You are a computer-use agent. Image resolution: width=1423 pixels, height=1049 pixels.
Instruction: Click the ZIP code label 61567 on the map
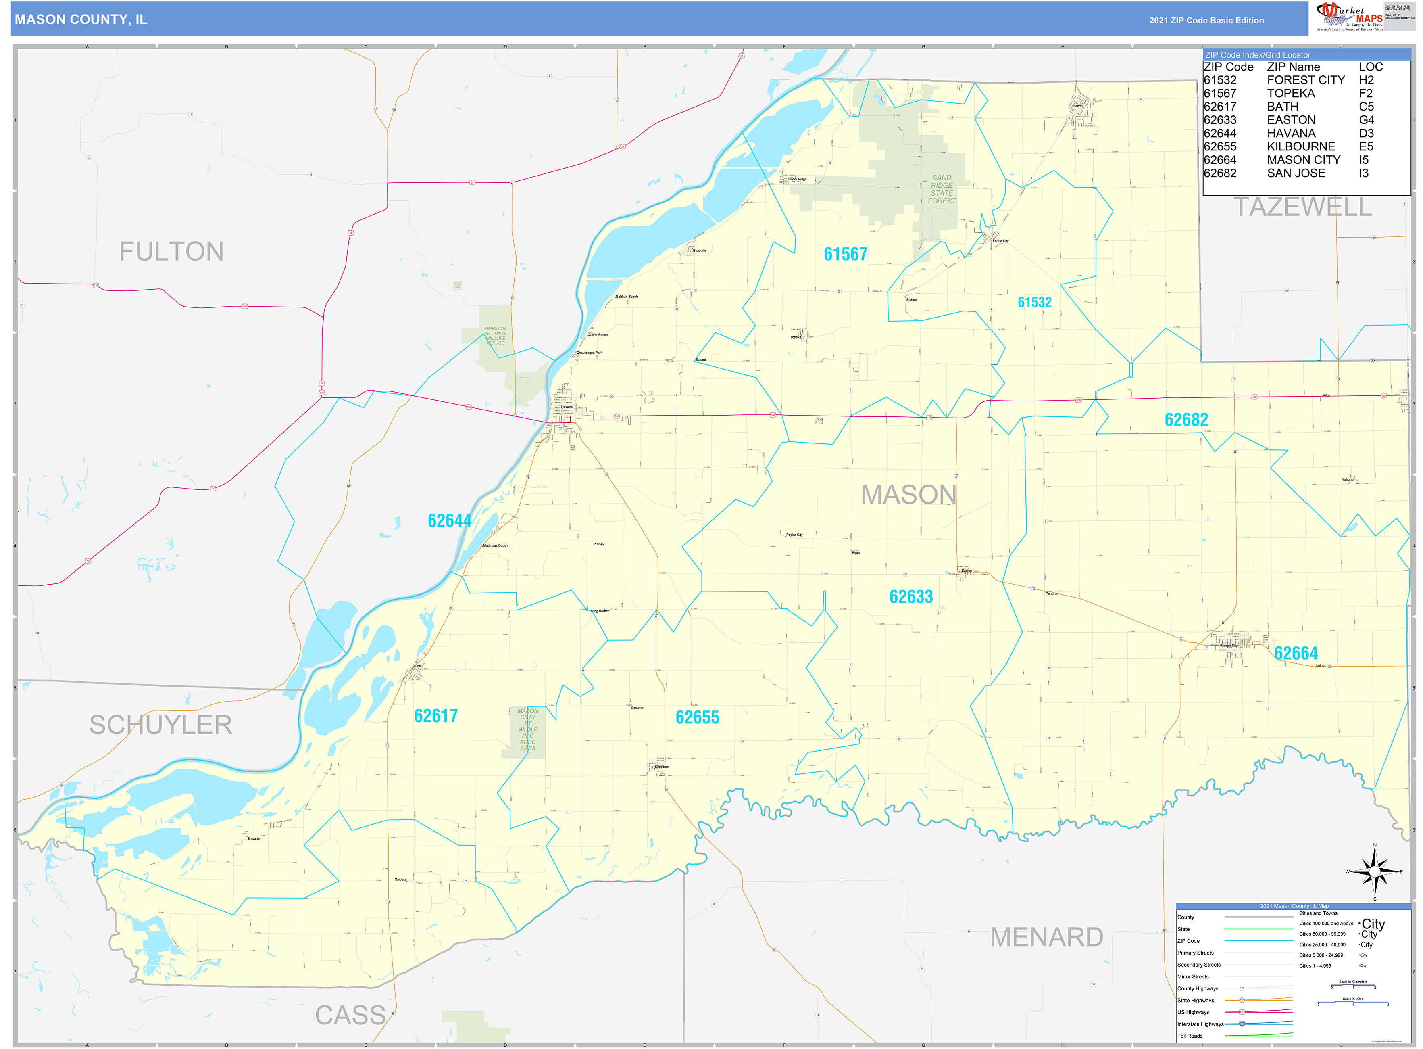pos(845,254)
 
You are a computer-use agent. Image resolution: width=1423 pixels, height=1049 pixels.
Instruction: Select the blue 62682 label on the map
pos(1185,420)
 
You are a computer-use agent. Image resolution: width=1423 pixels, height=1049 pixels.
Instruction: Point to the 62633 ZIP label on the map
pos(911,597)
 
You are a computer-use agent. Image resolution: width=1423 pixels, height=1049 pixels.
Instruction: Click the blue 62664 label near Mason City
pos(1296,653)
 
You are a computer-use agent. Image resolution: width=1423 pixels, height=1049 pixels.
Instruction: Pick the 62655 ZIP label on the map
pos(697,717)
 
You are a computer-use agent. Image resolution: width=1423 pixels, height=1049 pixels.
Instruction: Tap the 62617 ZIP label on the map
pos(435,716)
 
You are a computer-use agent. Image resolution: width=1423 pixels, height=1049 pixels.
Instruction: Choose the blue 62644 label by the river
pos(449,521)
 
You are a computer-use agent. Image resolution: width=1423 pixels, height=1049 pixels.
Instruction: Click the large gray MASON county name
pos(908,495)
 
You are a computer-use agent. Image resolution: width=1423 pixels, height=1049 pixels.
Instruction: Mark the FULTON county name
pos(171,251)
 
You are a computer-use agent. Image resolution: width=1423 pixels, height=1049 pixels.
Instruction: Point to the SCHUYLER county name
pos(160,725)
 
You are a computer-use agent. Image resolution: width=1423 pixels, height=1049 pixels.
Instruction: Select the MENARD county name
pos(1046,937)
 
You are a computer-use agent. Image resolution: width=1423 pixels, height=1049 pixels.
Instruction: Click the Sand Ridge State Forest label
pos(941,189)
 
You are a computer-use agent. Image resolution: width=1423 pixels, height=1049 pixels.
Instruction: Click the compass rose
pos(1374,872)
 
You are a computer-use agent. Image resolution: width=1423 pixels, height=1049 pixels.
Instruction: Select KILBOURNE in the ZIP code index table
pos(1300,147)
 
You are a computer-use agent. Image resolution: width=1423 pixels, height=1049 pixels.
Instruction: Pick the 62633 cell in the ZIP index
pos(1220,120)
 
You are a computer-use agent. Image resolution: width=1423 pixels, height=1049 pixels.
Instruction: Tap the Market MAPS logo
pos(1348,17)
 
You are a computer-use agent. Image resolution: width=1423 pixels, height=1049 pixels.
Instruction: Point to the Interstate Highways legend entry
pos(1200,1024)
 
